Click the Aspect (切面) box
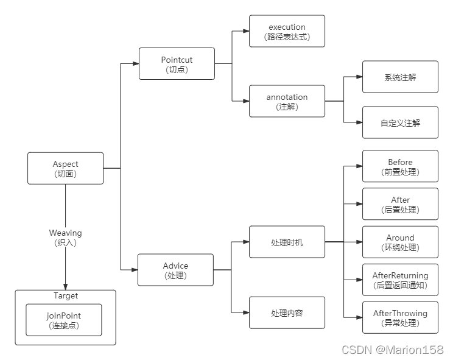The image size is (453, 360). [65, 168]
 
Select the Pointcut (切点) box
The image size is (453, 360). [177, 64]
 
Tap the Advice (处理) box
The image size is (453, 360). [175, 270]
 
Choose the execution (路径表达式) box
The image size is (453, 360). [287, 31]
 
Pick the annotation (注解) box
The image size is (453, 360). [287, 101]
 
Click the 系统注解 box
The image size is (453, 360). [400, 77]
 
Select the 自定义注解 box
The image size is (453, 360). [400, 122]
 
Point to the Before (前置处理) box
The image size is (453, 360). [400, 166]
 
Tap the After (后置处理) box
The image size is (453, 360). [400, 204]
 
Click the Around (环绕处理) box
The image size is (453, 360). [400, 242]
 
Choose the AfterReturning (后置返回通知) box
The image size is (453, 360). [400, 280]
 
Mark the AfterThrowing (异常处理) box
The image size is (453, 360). [400, 317]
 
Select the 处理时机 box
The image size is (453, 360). [287, 242]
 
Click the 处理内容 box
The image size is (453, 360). [287, 313]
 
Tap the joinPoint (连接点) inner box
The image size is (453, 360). [63, 320]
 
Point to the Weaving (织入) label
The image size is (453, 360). [65, 238]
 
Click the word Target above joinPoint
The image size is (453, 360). [65, 296]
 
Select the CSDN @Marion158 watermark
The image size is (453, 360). [393, 350]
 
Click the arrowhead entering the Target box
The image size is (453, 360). [65, 286]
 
